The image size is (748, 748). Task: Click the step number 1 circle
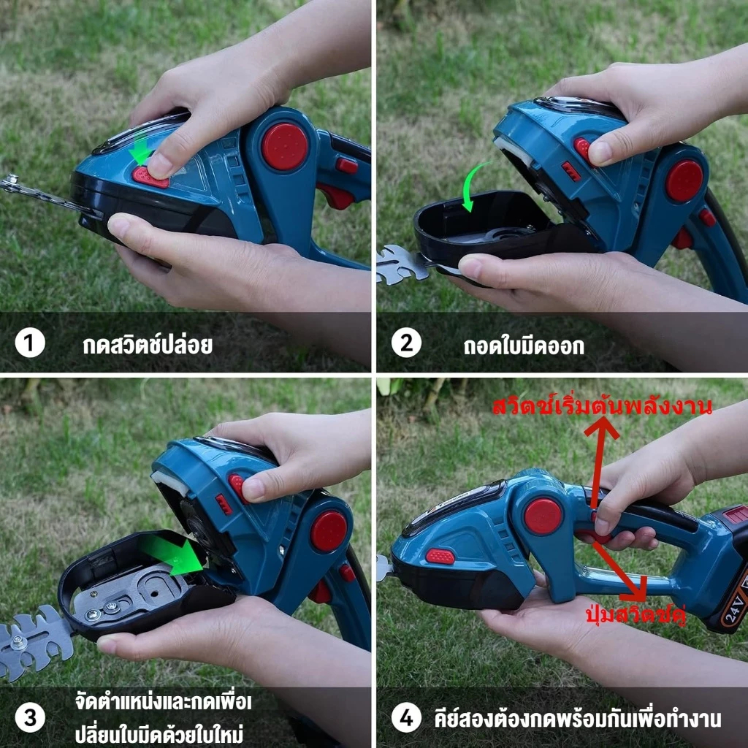[x=30, y=343]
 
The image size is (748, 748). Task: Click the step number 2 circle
[x=406, y=343]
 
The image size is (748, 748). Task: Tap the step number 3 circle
[x=30, y=718]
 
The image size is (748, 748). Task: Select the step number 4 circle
[x=406, y=718]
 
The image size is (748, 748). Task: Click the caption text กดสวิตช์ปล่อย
[x=148, y=345]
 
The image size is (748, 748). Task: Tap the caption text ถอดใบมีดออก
[x=524, y=346]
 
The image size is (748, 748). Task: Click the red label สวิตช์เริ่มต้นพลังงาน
[x=602, y=406]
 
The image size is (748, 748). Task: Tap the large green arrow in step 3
[x=172, y=554]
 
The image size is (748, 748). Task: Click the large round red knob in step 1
[x=284, y=146]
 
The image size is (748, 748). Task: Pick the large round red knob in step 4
[x=543, y=516]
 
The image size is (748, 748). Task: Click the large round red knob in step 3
[x=329, y=531]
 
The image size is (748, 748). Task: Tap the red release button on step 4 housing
[x=440, y=556]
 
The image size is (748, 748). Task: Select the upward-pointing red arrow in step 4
[x=599, y=462]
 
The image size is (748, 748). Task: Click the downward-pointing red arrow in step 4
[x=620, y=571]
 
